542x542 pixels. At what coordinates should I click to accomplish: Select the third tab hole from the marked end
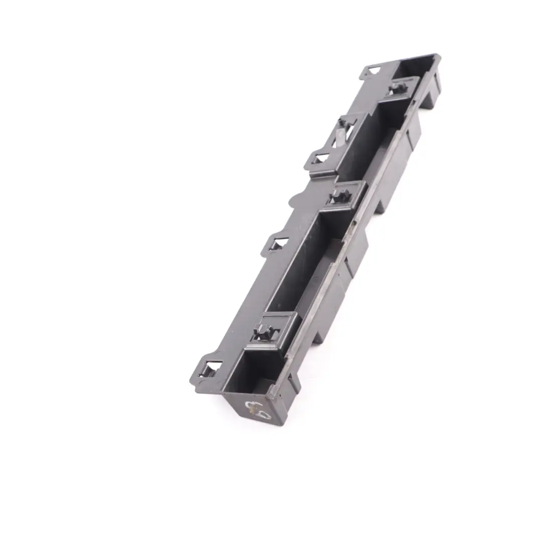tap(320, 160)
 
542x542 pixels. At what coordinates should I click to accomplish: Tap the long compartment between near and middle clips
tap(296, 271)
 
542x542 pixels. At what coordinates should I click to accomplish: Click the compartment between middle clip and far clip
tap(366, 151)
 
